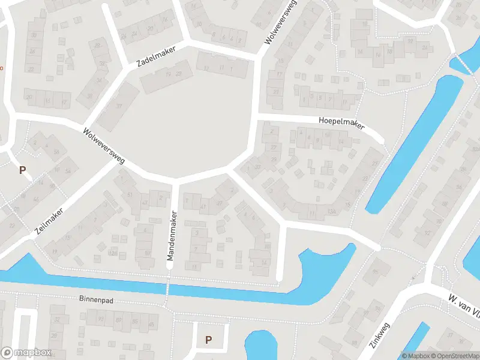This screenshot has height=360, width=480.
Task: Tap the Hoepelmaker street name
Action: tap(341, 122)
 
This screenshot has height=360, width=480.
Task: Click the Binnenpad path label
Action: tap(96, 299)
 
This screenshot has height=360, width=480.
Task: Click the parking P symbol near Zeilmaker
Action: tap(23, 170)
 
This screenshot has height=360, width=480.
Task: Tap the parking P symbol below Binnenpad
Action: tap(208, 340)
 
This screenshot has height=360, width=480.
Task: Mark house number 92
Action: tap(427, 232)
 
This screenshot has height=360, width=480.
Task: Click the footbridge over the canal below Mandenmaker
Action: tap(168, 289)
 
